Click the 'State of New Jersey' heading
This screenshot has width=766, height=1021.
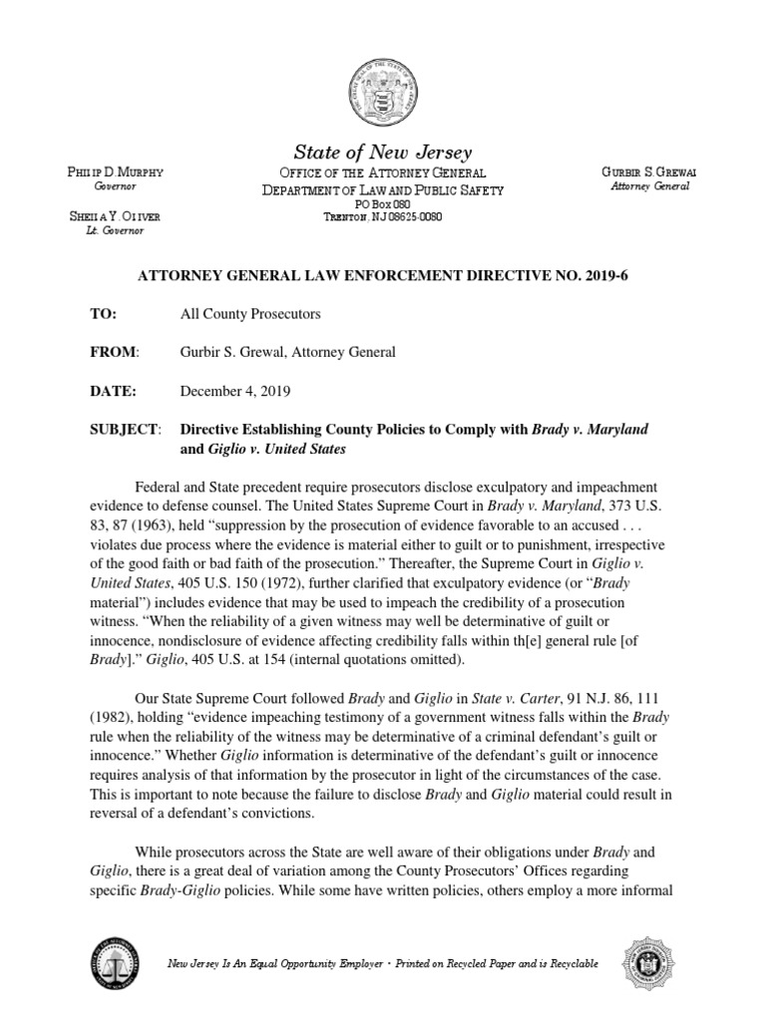[382, 153]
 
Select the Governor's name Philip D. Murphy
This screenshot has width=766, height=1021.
[114, 173]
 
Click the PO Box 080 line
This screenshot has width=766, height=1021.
[382, 203]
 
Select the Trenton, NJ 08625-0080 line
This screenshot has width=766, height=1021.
[382, 216]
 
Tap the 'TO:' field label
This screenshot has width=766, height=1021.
[104, 313]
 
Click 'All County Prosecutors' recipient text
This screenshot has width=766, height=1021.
[250, 313]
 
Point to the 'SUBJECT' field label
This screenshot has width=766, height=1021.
[125, 430]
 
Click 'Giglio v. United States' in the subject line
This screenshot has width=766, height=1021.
[276, 450]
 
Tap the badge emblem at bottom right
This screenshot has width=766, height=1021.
[649, 963]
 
